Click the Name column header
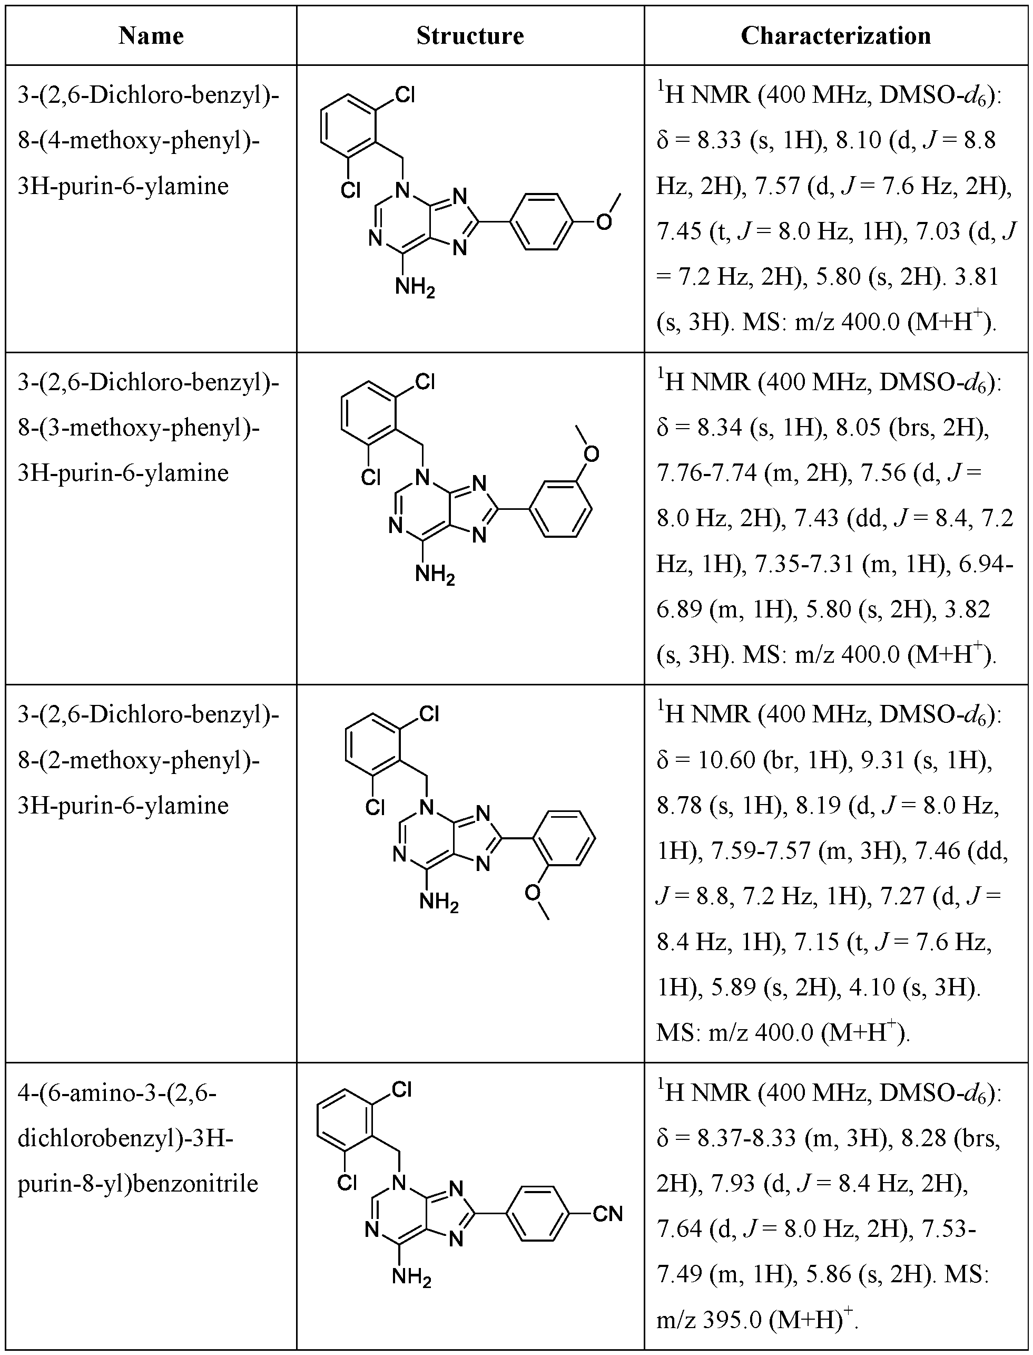(151, 36)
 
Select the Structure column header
(470, 36)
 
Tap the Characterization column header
(835, 36)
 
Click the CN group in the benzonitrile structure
(607, 1214)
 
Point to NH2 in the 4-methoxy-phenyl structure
(415, 287)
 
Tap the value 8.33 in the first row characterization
(720, 140)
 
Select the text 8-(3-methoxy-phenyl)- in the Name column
(139, 428)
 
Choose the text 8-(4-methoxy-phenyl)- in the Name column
(139, 141)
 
